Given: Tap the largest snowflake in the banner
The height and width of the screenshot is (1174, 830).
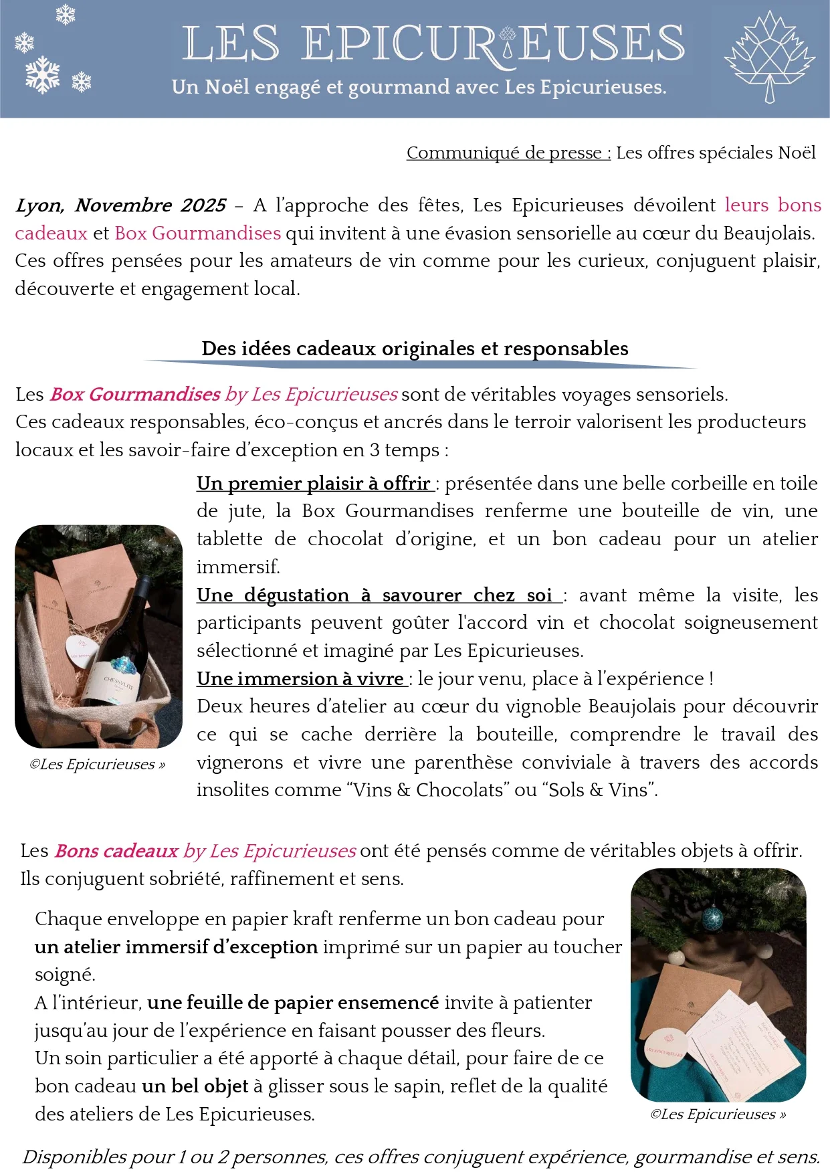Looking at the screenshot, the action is tap(43, 74).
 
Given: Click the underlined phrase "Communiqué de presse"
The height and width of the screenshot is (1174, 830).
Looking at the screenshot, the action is tap(508, 153).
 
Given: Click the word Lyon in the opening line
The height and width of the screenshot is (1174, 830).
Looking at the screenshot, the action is tap(39, 205).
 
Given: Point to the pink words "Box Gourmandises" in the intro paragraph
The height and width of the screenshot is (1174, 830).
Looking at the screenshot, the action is tap(197, 233).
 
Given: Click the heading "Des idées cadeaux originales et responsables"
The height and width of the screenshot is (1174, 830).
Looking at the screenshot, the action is tap(415, 349).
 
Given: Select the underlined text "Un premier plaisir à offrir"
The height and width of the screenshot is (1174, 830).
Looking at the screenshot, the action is tap(313, 483).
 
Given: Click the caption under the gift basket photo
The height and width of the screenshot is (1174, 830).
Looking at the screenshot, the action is tap(97, 765).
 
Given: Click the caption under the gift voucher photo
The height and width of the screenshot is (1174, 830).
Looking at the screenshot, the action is tap(718, 1114).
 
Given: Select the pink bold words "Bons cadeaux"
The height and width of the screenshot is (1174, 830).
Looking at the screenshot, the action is tap(116, 851).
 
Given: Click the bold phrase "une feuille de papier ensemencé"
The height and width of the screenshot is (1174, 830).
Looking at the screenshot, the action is tap(293, 1003).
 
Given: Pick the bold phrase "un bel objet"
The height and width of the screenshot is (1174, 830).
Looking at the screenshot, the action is tap(195, 1086).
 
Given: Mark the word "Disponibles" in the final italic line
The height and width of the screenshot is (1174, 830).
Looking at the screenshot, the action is tap(64, 1157).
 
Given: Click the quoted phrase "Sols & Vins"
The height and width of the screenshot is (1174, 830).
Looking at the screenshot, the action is tap(599, 790).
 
